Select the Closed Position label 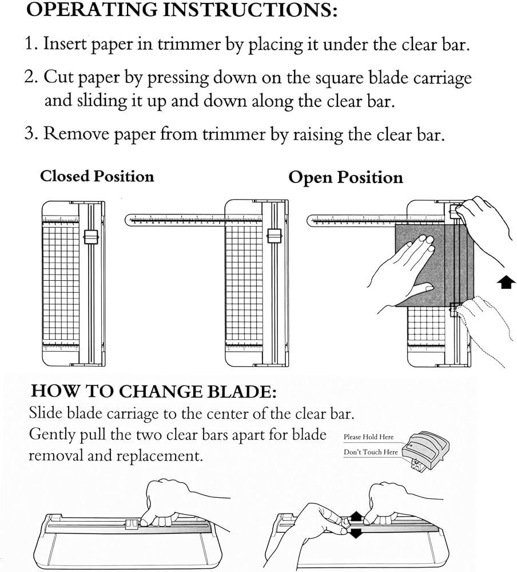[x=97, y=176]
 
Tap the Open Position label [x=345, y=177]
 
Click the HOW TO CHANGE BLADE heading [x=154, y=391]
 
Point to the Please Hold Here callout [x=369, y=437]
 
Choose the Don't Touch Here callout [x=371, y=452]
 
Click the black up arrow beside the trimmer [x=504, y=283]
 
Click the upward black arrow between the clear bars [x=356, y=517]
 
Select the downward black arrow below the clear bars [x=356, y=534]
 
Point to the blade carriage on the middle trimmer [x=274, y=237]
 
